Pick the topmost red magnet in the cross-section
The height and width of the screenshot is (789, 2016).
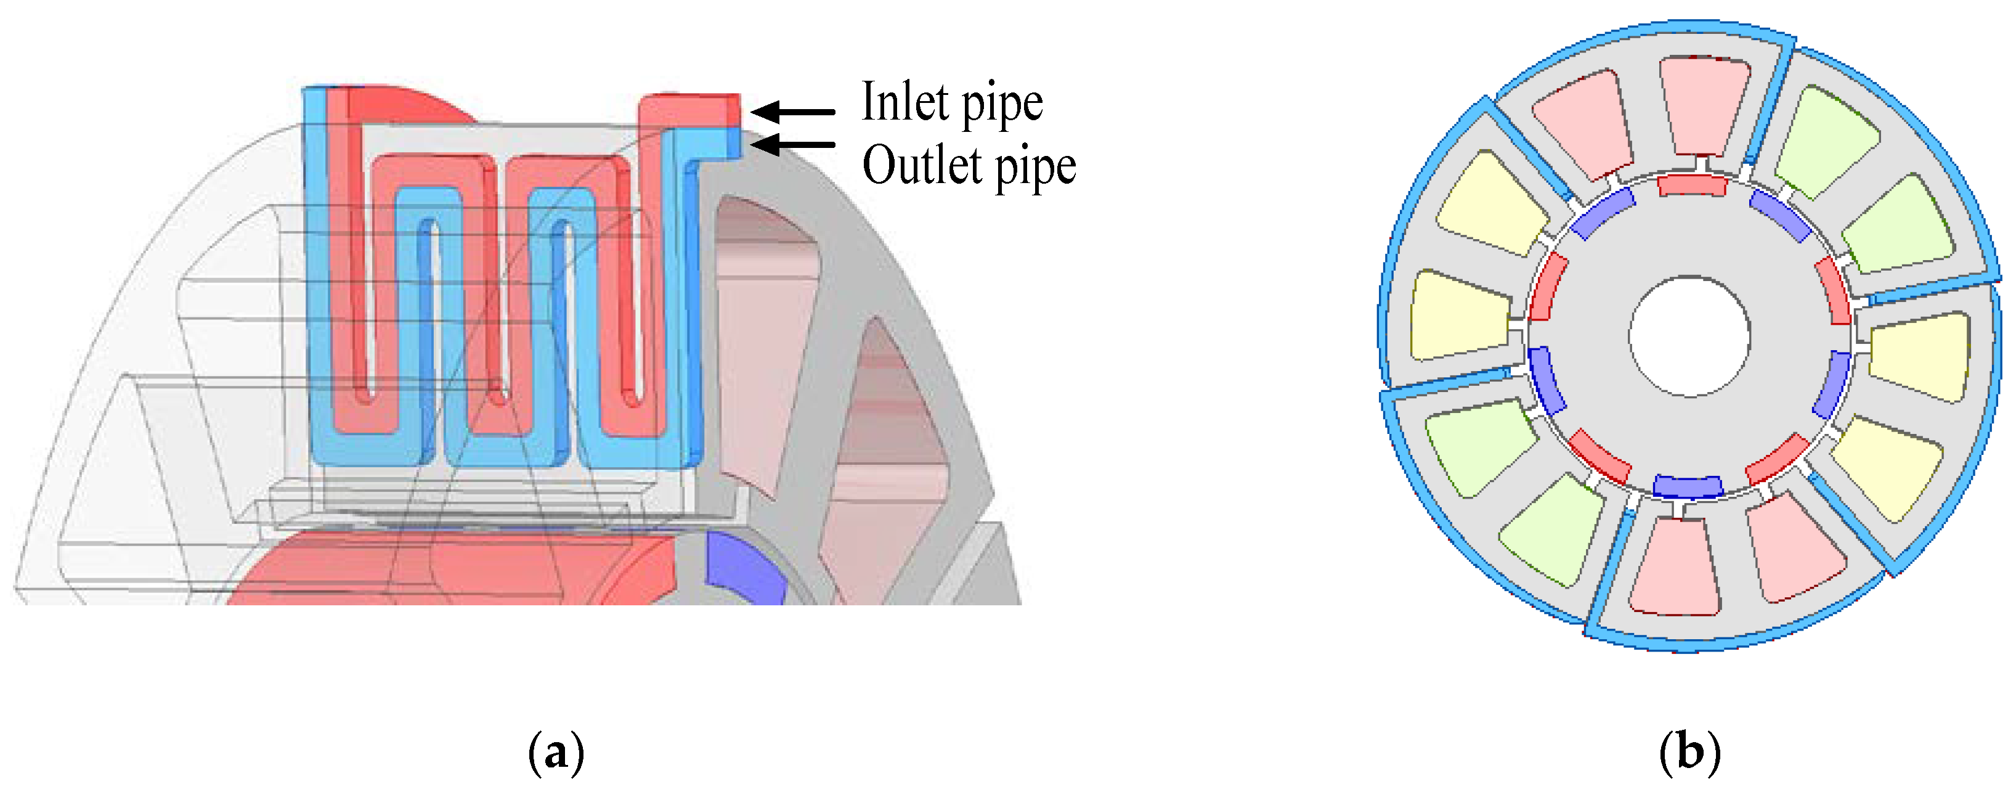1691,186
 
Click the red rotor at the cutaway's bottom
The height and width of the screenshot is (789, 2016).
469,568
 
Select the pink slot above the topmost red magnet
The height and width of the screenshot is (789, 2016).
1704,105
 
